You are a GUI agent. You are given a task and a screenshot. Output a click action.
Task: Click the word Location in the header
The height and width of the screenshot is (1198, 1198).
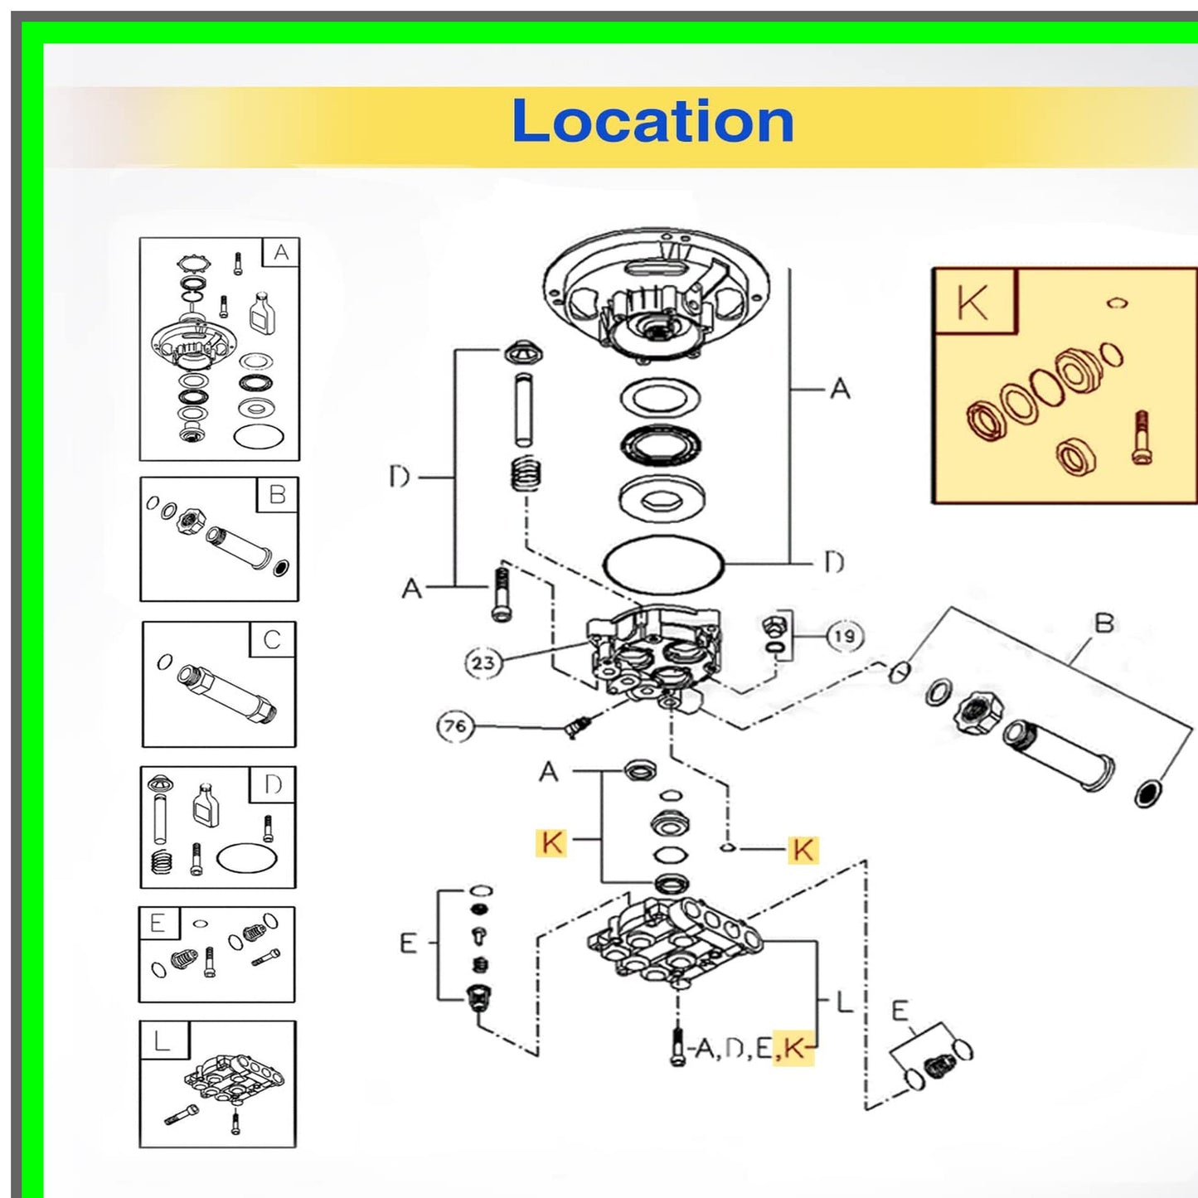[652, 121]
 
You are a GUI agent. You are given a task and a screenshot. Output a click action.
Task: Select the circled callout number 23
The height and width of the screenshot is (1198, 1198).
[483, 662]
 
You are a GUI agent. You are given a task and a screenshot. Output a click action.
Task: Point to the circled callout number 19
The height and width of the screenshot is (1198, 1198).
[844, 637]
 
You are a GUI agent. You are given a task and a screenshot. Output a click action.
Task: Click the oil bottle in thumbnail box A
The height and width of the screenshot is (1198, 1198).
[262, 313]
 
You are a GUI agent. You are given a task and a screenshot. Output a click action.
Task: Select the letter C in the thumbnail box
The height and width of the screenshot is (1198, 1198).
[272, 640]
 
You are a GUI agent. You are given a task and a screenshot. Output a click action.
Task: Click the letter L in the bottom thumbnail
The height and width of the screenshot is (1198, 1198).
[162, 1040]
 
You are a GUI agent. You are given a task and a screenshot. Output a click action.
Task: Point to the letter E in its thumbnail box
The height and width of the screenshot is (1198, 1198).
[158, 924]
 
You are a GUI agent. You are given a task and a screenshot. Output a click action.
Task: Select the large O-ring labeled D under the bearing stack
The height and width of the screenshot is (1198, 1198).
[663, 565]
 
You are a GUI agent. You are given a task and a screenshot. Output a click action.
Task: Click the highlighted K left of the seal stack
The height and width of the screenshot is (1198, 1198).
[551, 843]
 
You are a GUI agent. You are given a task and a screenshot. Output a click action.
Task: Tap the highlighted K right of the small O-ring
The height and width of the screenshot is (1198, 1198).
[803, 850]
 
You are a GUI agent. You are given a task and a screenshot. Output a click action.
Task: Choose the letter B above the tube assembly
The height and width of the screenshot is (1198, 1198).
[1103, 623]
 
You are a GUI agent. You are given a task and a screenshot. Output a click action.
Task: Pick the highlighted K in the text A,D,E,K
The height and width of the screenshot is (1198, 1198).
[793, 1049]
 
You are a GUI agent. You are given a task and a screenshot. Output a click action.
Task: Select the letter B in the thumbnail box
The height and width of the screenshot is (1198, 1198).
[277, 495]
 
